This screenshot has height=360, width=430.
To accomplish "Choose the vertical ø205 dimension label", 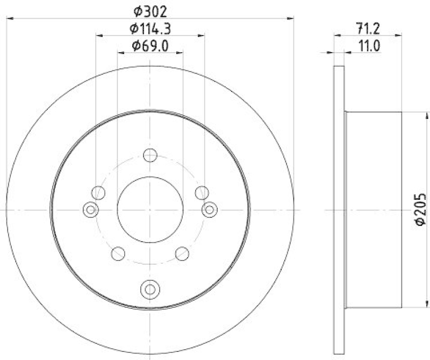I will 421,209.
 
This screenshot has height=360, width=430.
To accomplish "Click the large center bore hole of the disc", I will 150,209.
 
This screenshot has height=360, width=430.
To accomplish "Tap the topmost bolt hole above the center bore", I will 150,156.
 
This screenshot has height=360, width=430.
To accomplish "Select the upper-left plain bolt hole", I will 98,192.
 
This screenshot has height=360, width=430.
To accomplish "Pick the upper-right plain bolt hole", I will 202,192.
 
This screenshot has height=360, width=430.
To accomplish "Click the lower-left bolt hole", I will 118,253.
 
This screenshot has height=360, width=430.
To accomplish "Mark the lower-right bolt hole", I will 182,253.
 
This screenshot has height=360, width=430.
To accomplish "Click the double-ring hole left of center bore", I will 91,209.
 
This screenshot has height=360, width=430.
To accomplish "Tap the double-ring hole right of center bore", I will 209,209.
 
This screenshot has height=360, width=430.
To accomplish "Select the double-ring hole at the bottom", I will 150,289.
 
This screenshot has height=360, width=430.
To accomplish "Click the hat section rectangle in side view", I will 374,209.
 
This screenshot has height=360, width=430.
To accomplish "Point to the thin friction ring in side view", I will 339,209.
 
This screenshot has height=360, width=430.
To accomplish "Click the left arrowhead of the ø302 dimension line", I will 10,18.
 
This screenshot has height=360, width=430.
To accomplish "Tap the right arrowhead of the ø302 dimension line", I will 291,18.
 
